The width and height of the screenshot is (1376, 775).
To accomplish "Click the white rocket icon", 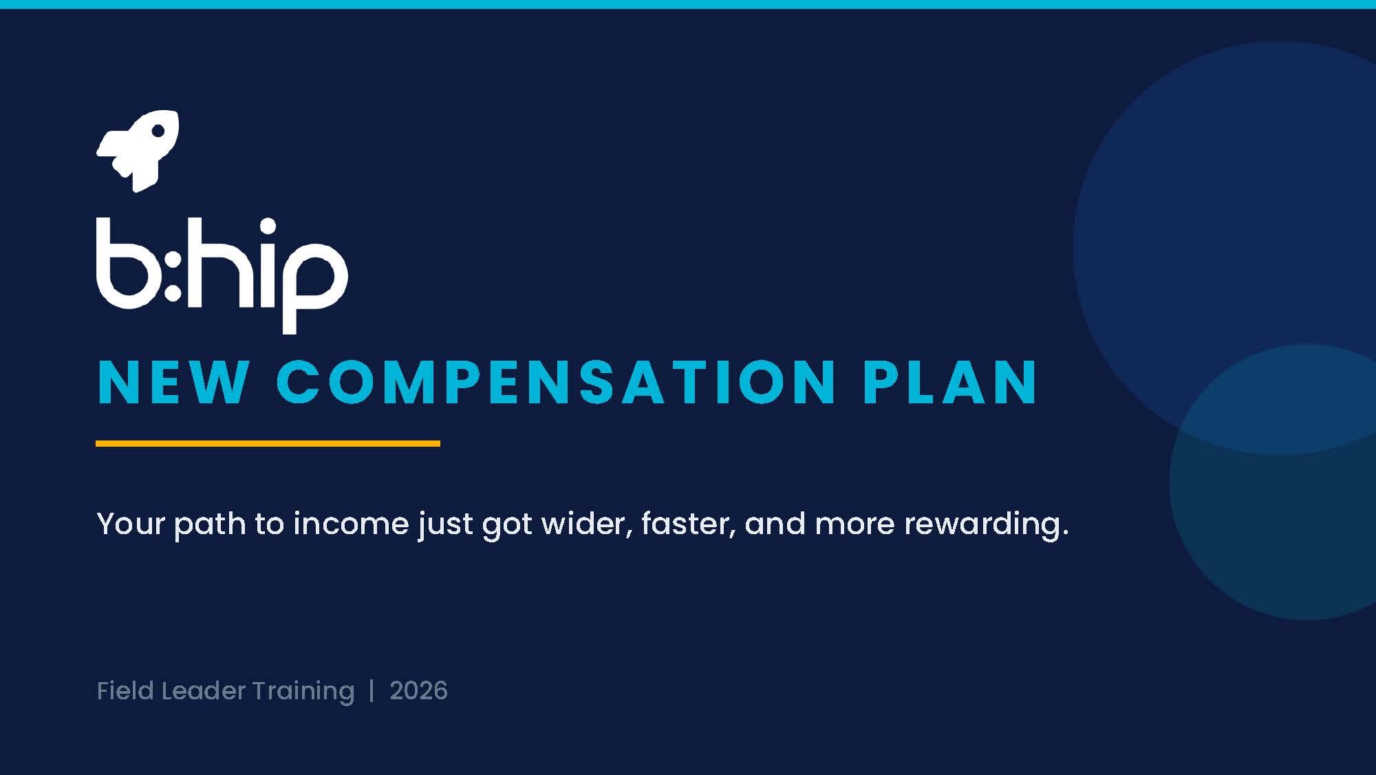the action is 138,151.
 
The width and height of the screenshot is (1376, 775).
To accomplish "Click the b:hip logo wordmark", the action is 222,275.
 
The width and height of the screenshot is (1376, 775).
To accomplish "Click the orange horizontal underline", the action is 268,444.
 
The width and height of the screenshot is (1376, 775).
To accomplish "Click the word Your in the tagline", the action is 131,524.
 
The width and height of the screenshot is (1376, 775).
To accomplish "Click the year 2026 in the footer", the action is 418,690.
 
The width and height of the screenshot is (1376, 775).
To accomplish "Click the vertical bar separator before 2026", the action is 372,690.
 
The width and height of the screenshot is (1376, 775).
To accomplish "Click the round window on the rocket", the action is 158,131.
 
